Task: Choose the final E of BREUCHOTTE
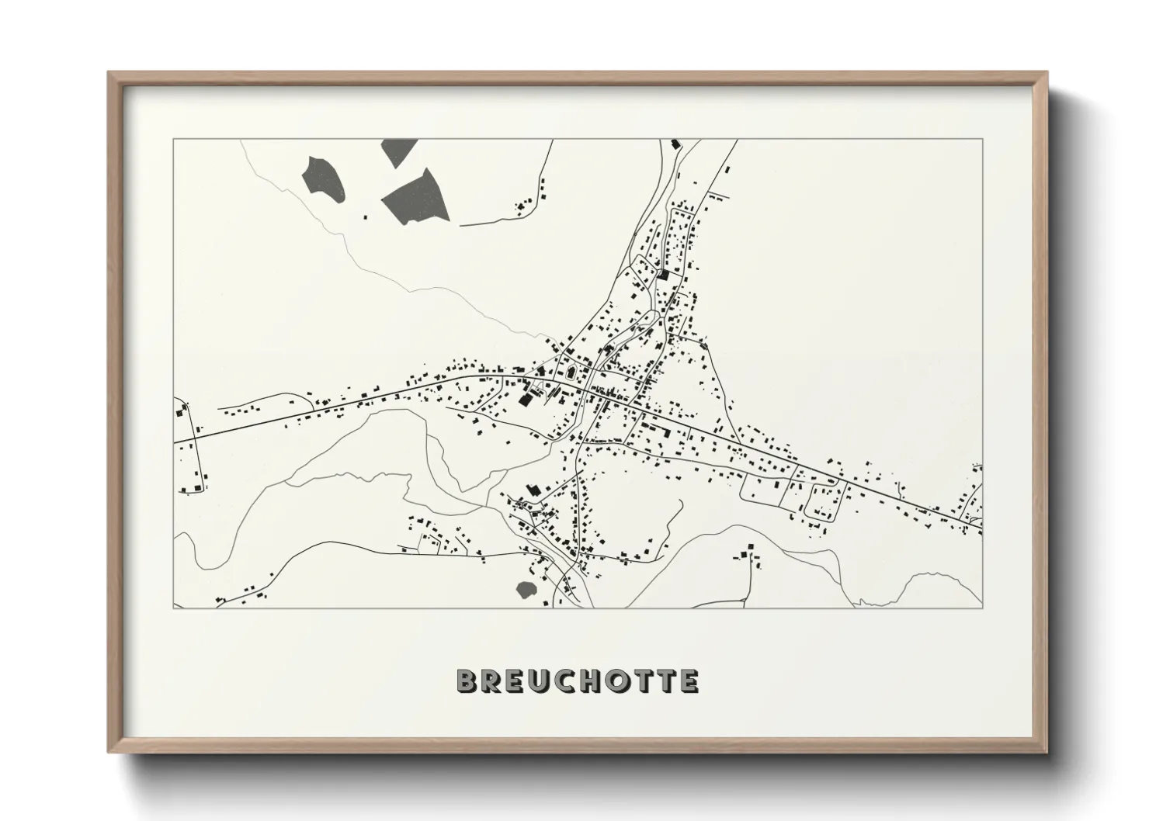689,681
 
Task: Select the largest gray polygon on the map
416,195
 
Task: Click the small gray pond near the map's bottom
526,589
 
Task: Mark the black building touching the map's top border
675,144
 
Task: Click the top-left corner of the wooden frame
109,72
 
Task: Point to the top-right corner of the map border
982,140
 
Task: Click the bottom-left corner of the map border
174,608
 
